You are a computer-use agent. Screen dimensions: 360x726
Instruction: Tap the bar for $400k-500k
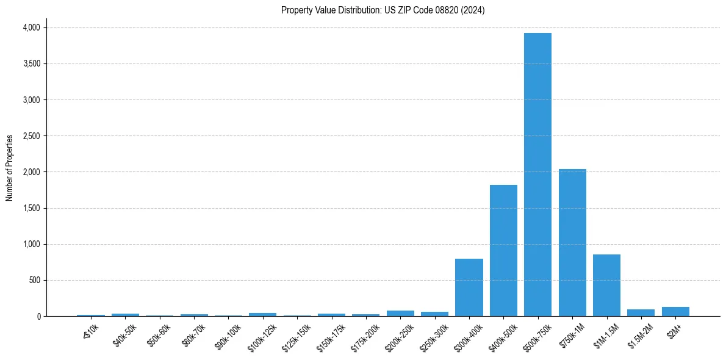503,250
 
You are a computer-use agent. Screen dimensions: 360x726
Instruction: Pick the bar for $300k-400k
469,287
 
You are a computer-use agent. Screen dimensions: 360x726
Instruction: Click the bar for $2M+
675,312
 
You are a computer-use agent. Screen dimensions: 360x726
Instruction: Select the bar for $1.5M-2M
641,313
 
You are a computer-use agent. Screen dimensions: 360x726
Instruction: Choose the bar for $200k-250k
400,314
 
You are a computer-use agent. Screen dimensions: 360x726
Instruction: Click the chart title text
383,10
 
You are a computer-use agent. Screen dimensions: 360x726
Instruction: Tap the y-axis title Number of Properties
10,168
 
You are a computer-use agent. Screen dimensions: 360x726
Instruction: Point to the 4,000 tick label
31,27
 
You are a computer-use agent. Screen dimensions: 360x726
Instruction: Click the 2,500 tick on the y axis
31,136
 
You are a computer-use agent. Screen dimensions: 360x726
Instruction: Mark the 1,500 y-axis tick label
31,208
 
